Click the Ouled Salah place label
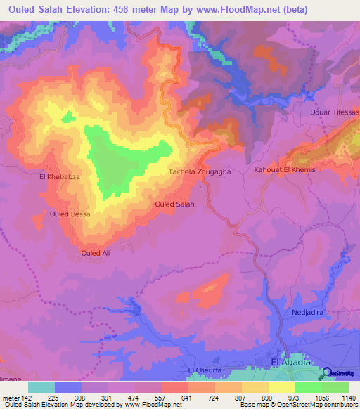(x=174, y=204)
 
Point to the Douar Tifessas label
(x=335, y=112)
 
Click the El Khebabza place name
(x=60, y=178)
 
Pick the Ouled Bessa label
(x=70, y=214)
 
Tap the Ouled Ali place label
(x=96, y=253)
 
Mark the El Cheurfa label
(x=205, y=370)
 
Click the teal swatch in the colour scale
(x=41, y=387)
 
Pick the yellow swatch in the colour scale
(x=282, y=387)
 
